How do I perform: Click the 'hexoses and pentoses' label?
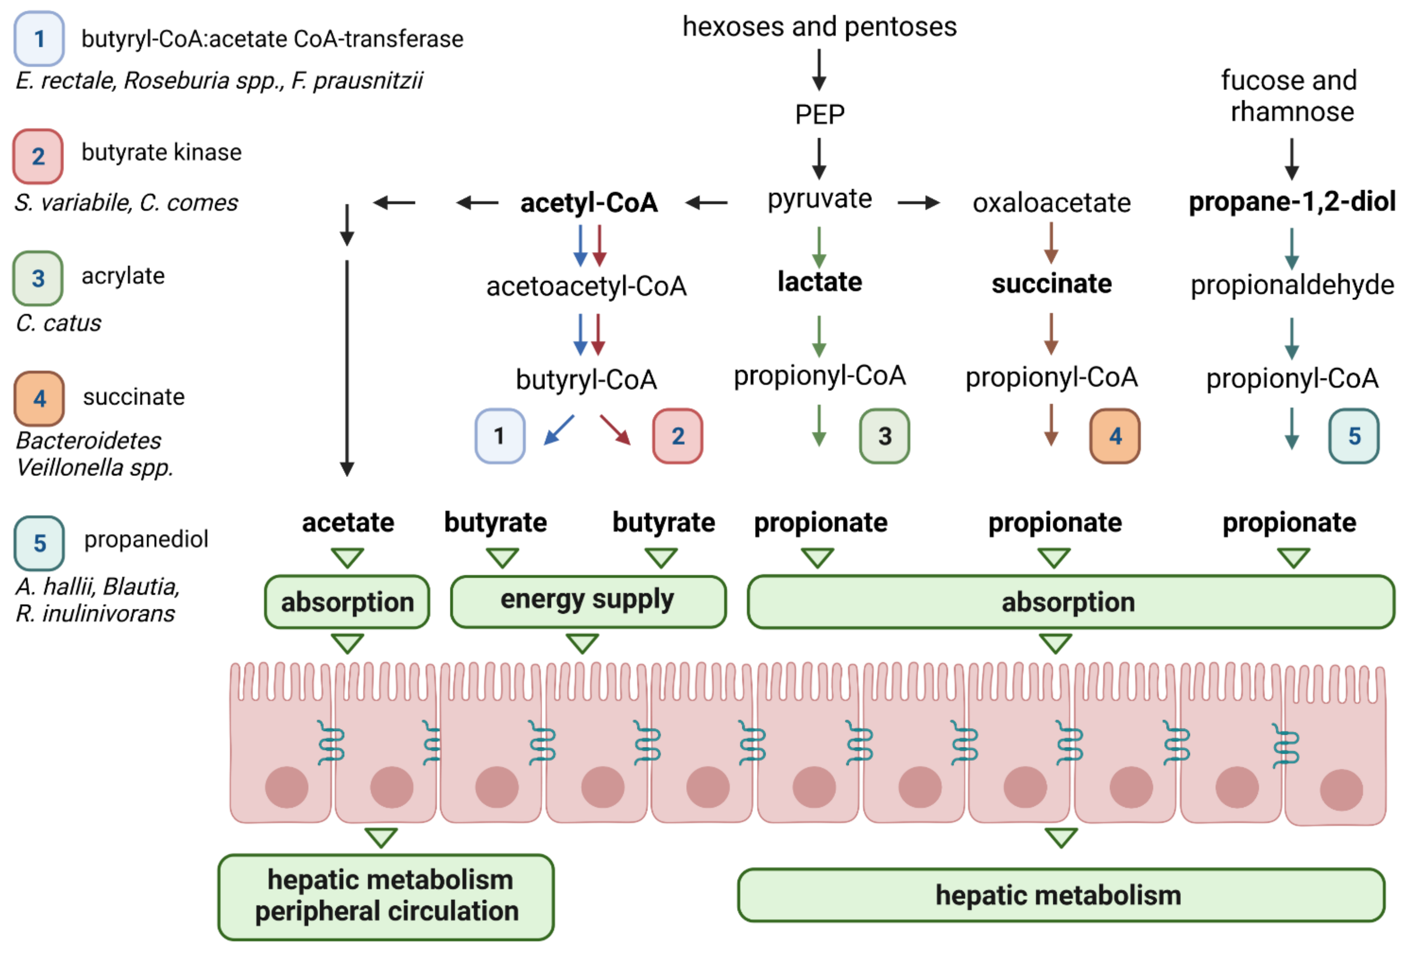pos(820,27)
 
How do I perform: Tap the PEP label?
pos(820,114)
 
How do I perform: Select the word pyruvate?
pos(820,200)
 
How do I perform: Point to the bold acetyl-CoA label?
pos(589,203)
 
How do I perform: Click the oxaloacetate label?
pos(1052,203)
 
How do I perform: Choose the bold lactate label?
pos(820,282)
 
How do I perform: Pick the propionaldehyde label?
pos(1292,285)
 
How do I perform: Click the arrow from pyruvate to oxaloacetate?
pos(919,203)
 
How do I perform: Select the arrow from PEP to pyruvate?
pos(819,158)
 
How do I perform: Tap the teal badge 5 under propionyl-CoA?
pos(1354,436)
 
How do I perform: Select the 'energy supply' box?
pos(588,601)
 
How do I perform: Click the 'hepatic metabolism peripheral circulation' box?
pos(386,897)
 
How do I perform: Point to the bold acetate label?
pos(348,523)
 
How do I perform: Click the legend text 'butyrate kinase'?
pos(161,153)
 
